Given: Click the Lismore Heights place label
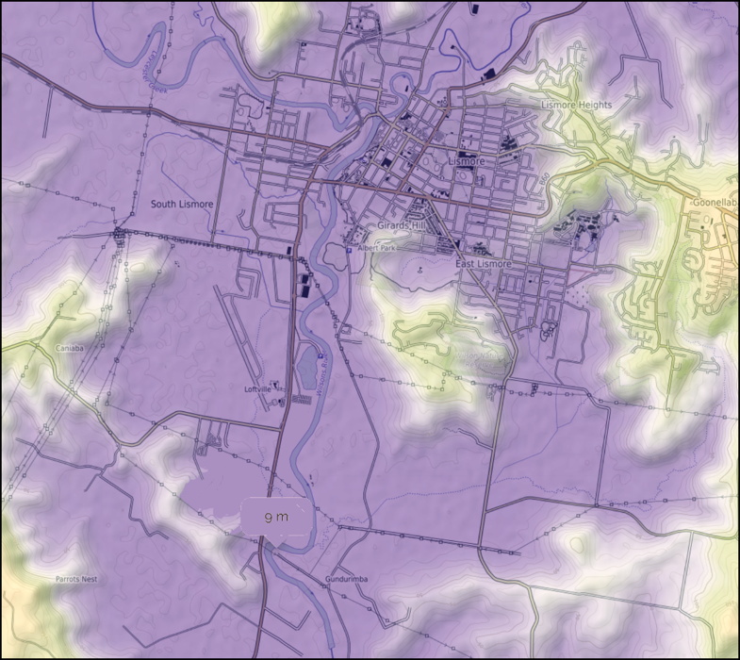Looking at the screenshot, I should [576, 105].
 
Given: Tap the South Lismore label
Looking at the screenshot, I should [182, 204].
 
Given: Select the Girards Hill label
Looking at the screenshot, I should [402, 227].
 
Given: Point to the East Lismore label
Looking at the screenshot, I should [483, 264].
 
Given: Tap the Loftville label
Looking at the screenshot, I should [257, 388].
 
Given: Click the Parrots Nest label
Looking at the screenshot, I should [75, 579].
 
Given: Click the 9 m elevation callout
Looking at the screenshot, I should [275, 518].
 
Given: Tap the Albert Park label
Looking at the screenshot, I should [376, 248].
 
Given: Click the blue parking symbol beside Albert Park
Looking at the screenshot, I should [348, 251].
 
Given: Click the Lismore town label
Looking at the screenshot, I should [466, 161].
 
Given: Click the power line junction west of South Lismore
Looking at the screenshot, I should [120, 232].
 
